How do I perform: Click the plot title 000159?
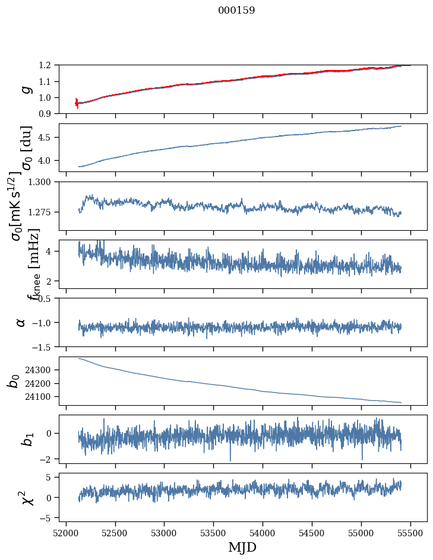point(236,10)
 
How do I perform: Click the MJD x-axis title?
point(242,548)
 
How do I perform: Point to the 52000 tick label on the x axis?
point(66,533)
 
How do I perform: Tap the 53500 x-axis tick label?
point(214,533)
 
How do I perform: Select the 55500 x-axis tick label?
point(410,533)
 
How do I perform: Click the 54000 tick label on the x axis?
point(263,533)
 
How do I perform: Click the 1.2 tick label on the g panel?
point(45,65)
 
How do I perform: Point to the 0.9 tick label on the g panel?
point(45,114)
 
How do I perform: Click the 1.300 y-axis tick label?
point(39,182)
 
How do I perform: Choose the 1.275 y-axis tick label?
point(39,212)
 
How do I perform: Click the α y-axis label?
point(21,323)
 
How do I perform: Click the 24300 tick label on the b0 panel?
point(37,370)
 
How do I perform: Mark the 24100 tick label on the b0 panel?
point(37,397)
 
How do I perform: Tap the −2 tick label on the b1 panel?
point(45,459)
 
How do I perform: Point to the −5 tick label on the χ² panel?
point(45,518)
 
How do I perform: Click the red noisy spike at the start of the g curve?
point(77,103)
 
